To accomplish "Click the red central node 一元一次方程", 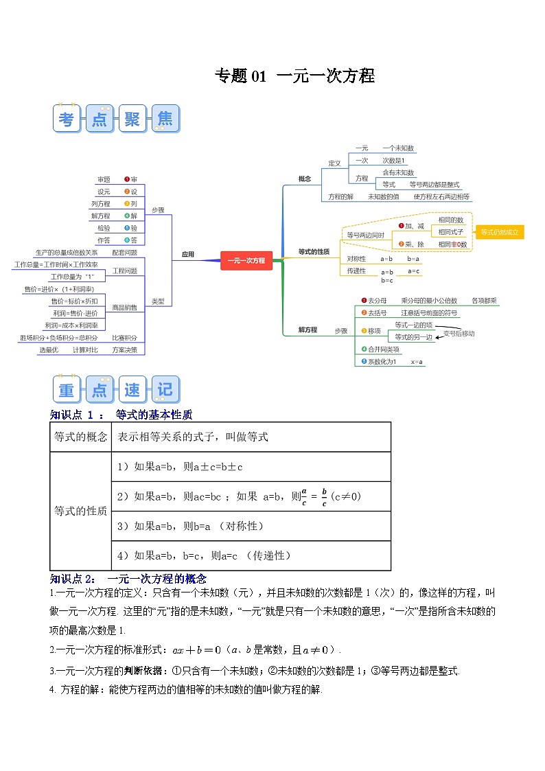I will tap(246, 260).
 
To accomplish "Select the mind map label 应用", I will tap(188, 255).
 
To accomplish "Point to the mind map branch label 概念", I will tap(305, 179).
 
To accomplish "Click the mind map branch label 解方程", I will tap(308, 330).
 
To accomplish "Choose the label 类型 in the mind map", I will tap(158, 301).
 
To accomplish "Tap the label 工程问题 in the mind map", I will tap(124, 271).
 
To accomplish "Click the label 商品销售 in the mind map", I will tap(124, 307).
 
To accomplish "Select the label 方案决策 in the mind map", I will tap(124, 349).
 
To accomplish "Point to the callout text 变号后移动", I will tap(459, 333).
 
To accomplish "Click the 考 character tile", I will tap(67, 119).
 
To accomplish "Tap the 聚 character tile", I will tap(132, 119).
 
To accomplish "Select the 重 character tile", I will tap(67, 390).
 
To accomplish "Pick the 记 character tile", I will tap(165, 390).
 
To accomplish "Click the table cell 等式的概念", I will tap(80, 437).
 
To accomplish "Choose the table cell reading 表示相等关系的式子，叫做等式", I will tap(193, 437).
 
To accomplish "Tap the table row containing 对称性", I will tap(251, 526).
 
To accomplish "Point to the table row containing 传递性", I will tap(251, 555).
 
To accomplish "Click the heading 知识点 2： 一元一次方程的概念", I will tap(128, 579).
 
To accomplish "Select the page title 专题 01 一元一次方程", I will tap(294, 76).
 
